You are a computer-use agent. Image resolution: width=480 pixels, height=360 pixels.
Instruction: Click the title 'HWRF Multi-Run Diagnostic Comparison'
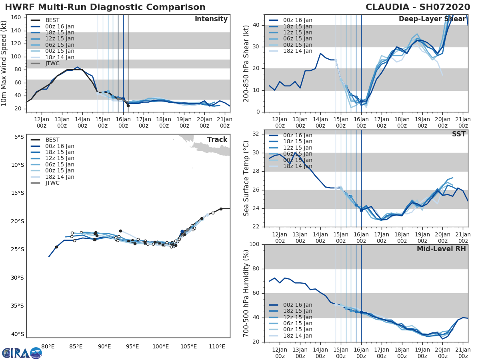[x=105, y=7]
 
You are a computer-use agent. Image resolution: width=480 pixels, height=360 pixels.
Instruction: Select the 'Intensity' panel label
[x=211, y=19]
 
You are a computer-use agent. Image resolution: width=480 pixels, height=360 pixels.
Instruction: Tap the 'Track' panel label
[x=217, y=140]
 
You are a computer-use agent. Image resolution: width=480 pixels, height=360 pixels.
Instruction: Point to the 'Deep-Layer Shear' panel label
[x=432, y=19]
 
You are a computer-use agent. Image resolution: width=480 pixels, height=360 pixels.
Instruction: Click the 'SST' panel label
[x=459, y=134]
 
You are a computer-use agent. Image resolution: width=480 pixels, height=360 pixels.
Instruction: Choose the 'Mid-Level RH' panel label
[x=441, y=249]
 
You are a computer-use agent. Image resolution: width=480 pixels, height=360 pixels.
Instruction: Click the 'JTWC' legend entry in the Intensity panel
[x=53, y=63]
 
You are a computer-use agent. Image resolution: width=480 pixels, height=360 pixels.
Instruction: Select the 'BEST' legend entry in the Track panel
[x=52, y=140]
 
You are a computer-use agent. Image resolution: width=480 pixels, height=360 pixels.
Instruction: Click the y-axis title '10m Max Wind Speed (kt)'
[x=4, y=63]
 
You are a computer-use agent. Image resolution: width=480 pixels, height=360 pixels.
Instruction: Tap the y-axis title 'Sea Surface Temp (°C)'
[x=247, y=178]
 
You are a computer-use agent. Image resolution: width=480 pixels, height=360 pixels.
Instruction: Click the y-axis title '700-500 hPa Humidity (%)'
[x=247, y=293]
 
